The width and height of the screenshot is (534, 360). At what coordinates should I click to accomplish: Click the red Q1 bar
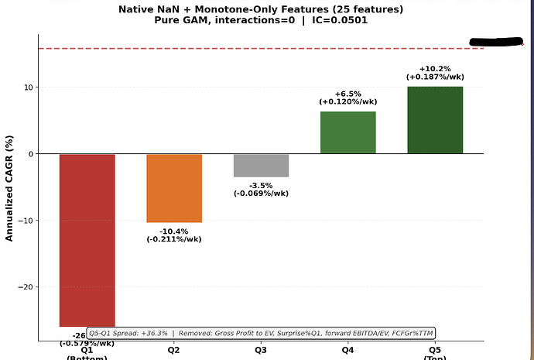point(87,240)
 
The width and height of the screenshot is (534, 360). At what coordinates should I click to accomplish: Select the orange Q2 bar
point(174,188)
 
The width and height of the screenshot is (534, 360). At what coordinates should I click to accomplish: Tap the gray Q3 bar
point(261,166)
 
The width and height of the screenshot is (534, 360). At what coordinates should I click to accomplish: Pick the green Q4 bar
point(347,132)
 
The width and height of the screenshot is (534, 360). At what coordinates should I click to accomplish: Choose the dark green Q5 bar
point(435,120)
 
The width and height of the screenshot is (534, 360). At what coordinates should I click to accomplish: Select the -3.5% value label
point(261,185)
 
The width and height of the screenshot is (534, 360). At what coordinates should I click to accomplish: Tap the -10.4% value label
point(174,231)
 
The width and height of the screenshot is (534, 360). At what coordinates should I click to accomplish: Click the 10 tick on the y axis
point(27,87)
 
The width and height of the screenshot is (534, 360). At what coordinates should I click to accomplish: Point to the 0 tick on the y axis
point(29,154)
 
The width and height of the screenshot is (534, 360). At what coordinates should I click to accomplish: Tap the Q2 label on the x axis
point(174,350)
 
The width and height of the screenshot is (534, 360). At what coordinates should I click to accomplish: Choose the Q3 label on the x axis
point(261,350)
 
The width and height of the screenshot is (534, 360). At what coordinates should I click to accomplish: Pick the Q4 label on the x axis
point(347,350)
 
